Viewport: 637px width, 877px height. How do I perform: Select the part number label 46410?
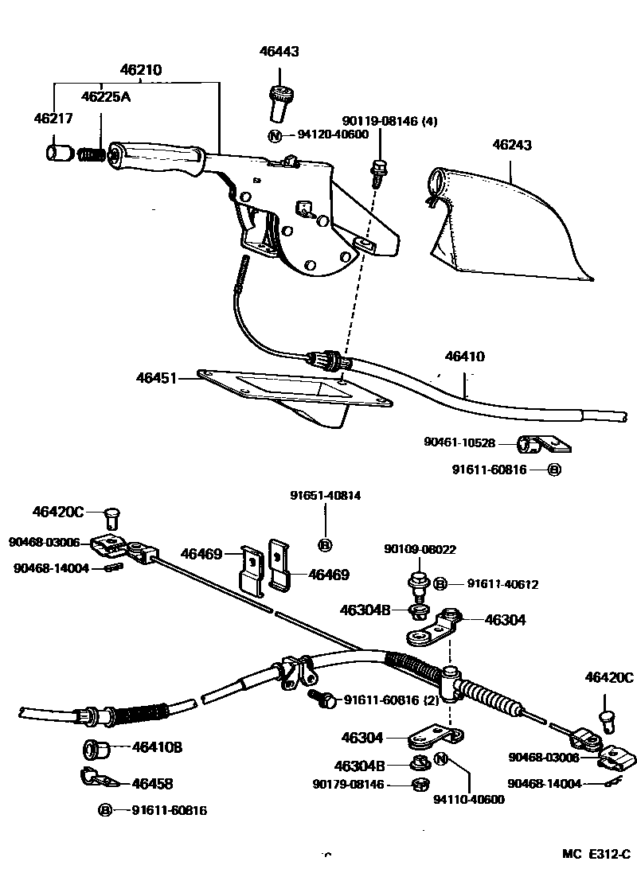(464, 357)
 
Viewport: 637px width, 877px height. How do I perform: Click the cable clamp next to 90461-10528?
(537, 442)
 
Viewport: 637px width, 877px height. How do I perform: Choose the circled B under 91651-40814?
(325, 545)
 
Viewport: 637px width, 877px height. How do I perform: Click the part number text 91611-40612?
(502, 584)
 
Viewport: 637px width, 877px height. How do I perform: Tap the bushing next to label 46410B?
(95, 749)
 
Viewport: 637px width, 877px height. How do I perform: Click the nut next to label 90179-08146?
(418, 785)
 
